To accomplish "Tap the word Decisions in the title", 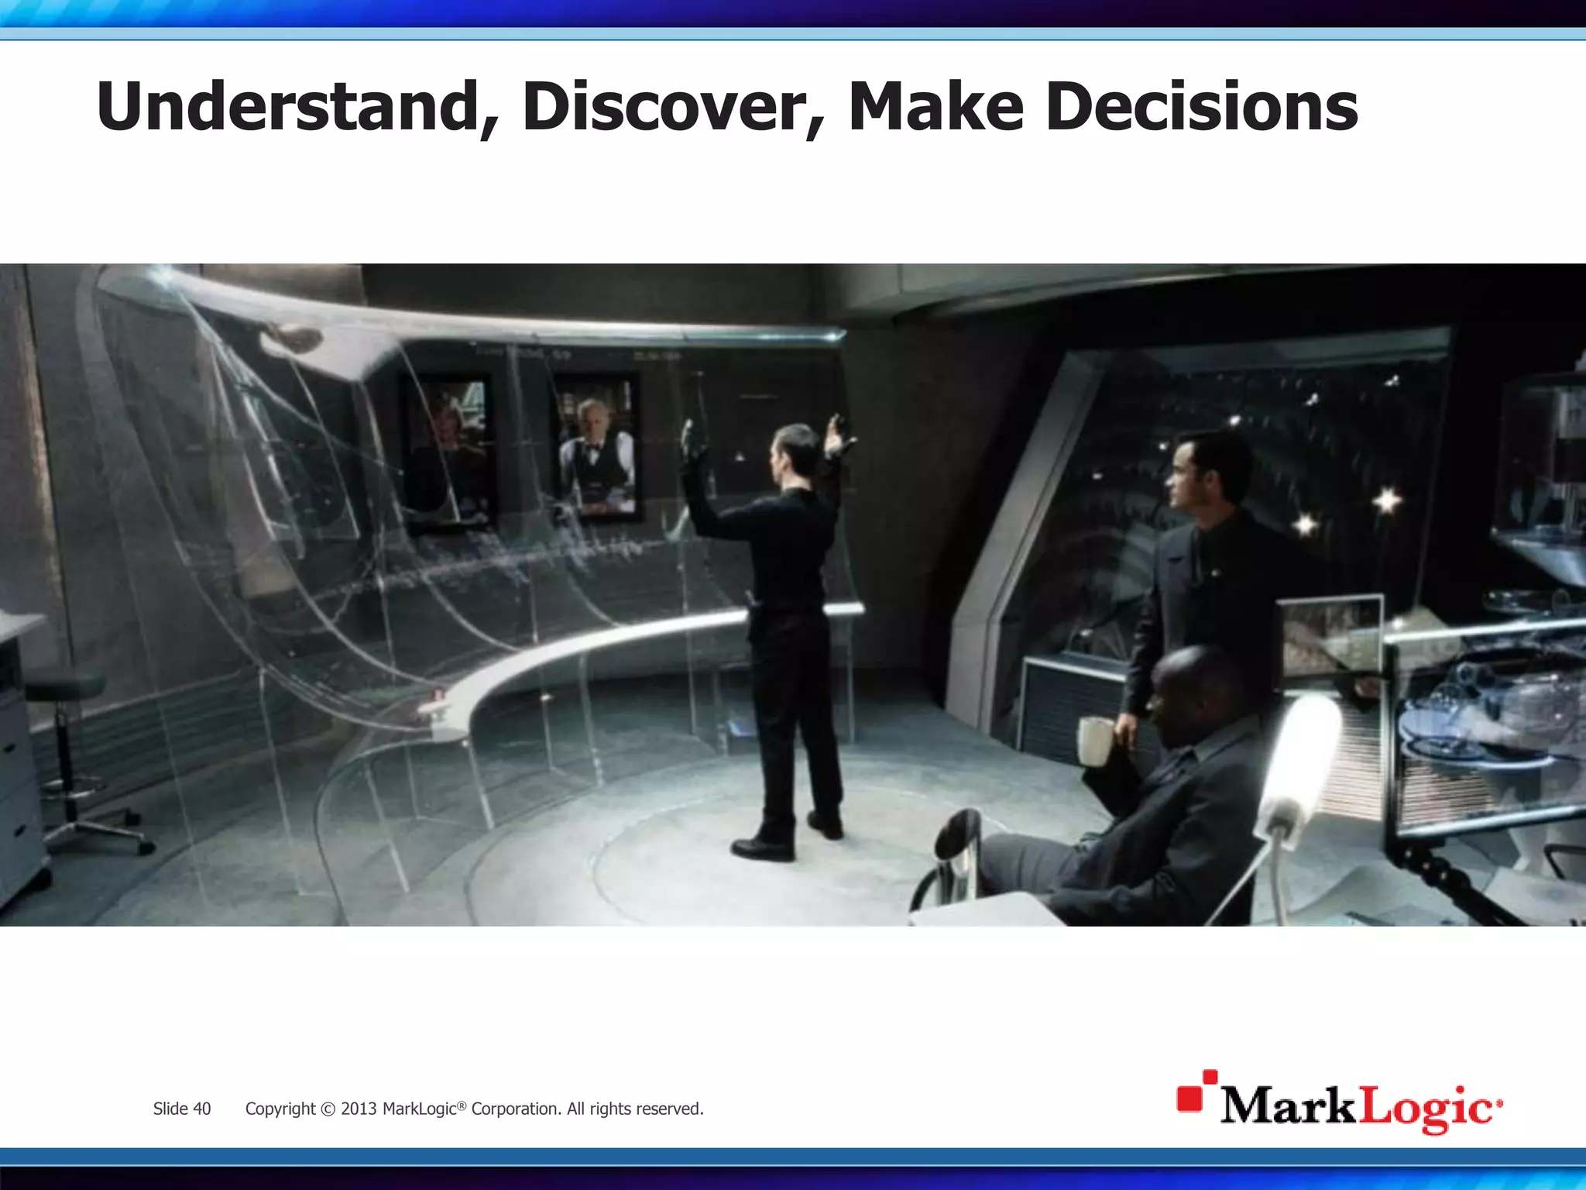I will [1201, 107].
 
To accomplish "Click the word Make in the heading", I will [935, 107].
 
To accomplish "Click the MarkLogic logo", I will [1340, 1103].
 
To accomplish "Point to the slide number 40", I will [201, 1109].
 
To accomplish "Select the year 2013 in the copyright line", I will [358, 1109].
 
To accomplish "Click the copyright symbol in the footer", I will [328, 1109].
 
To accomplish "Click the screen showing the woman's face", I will [447, 453].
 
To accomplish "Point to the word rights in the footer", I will [612, 1109].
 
